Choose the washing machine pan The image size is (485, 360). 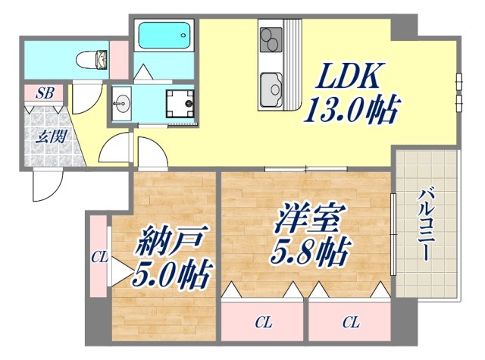tap(179, 101)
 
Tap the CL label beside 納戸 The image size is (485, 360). tap(99, 257)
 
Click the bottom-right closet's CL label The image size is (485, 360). tap(350, 323)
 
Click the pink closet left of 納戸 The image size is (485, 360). tap(99, 258)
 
